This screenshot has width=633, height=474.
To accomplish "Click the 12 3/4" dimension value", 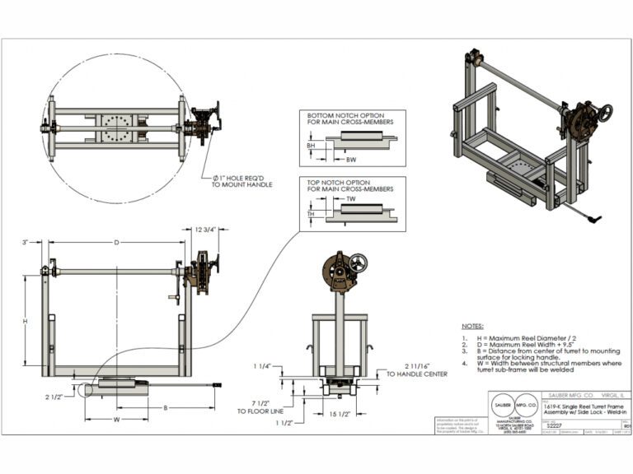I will [x=204, y=230].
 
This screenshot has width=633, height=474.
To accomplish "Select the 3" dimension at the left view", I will [x=26, y=242].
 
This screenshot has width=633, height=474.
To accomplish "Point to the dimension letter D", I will [x=116, y=242].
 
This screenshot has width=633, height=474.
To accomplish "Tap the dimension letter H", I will [x=25, y=320].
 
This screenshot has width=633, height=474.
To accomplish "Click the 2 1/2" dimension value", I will [x=55, y=396].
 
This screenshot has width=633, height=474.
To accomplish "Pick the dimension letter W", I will [x=116, y=419].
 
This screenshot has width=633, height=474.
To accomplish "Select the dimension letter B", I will [x=166, y=407].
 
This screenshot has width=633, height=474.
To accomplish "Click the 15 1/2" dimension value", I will [x=340, y=413].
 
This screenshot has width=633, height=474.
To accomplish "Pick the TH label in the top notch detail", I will [x=311, y=213].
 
